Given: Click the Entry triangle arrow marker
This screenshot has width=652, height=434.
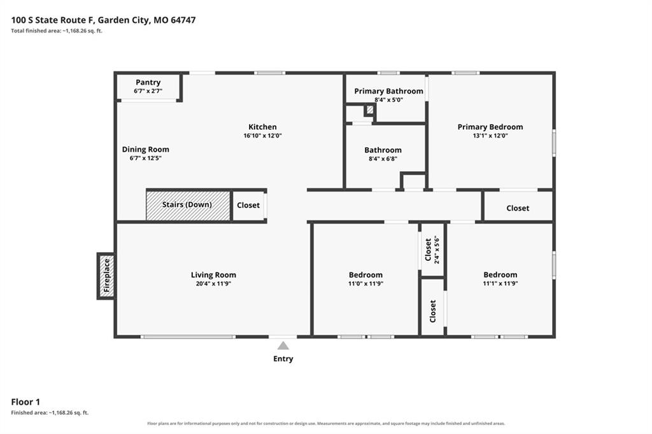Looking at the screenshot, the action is coord(283,346).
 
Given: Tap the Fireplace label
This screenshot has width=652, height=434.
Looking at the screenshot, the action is coord(106,275).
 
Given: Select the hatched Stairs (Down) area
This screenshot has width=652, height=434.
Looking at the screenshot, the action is coord(188,206).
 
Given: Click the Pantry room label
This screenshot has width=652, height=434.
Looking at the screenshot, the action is coord(148,82).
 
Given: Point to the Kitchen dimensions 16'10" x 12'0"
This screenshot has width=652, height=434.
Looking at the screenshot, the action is coord(263,136).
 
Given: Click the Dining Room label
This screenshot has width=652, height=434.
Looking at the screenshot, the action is coord(146,150).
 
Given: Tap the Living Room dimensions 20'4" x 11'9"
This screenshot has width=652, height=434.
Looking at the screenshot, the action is coord(213,284).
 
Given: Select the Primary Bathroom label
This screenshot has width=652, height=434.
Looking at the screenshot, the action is coord(389,91).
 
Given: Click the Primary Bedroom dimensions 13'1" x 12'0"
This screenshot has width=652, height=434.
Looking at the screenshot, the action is coord(490,136).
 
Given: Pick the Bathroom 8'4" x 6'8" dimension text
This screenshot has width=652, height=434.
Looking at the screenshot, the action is coord(383,158).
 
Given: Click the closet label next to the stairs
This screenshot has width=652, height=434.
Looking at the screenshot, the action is coord(248,205).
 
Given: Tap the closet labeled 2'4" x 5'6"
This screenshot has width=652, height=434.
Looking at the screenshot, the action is coord(432,249).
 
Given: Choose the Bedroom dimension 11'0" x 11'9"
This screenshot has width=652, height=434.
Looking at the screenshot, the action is coord(366,284).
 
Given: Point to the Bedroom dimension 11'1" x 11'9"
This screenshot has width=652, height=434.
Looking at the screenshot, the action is coord(500,284).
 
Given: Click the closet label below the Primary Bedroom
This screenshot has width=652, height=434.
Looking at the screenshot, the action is coord(518,208).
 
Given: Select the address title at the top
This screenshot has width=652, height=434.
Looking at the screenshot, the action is coord(103,20).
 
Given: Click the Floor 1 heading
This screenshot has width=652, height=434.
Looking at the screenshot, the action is coord(25,402).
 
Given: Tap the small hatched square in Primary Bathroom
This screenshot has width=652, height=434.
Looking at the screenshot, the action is coord(370,110).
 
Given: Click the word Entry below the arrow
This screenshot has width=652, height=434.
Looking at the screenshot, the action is coord(283,359).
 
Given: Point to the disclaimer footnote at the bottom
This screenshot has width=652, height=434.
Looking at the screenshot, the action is coord(326,424).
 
